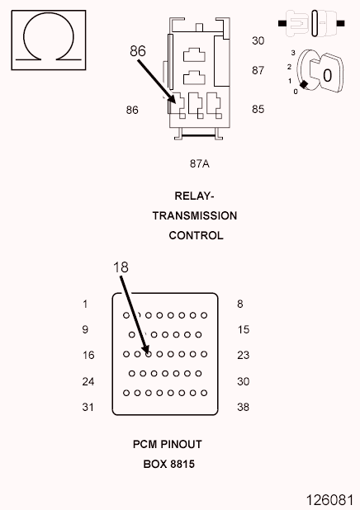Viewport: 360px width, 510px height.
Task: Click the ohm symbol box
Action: (x=48, y=39)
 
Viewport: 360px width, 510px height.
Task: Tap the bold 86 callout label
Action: (x=138, y=51)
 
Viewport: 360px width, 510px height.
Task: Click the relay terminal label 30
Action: (x=258, y=40)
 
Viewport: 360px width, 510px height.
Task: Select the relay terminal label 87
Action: (x=258, y=70)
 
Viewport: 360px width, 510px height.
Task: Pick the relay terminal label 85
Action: (x=258, y=108)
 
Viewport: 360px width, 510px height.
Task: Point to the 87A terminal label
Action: (x=199, y=163)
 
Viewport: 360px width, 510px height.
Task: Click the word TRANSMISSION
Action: (x=195, y=215)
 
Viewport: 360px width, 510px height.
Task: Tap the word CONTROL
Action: (x=196, y=235)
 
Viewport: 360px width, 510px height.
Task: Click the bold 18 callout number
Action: (x=121, y=267)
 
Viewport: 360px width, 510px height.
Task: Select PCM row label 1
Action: (x=85, y=304)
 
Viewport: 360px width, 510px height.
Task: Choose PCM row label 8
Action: (x=240, y=304)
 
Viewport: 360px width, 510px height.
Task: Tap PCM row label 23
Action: (x=243, y=355)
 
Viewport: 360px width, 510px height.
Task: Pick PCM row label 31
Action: (x=87, y=407)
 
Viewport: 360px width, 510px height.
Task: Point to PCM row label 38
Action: (x=243, y=407)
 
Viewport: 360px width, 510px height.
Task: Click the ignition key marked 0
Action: (x=319, y=75)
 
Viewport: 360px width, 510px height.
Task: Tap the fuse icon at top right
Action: (x=315, y=23)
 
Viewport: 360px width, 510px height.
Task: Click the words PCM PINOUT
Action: (x=168, y=444)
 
